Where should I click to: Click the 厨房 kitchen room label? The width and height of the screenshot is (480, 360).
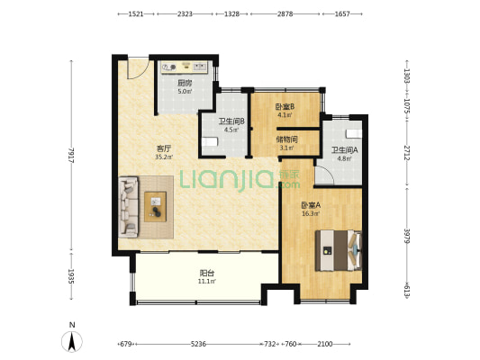(185, 83)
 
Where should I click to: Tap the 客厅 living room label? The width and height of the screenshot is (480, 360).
(164, 149)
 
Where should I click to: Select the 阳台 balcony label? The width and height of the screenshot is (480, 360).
(206, 273)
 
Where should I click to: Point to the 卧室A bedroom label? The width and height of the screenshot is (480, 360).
(311, 205)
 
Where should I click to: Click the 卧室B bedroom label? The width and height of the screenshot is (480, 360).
(285, 107)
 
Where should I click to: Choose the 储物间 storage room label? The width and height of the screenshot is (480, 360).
(286, 139)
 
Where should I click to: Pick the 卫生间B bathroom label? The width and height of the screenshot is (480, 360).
(231, 121)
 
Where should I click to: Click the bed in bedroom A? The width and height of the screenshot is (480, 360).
(339, 250)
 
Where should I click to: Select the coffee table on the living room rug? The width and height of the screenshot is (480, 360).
(156, 207)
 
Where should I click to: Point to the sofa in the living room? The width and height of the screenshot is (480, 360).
(129, 207)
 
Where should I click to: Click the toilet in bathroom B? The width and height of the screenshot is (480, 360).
(210, 141)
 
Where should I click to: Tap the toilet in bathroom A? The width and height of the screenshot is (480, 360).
(354, 134)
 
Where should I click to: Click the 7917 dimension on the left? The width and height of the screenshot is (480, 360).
(71, 155)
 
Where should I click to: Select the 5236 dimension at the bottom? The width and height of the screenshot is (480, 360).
(198, 344)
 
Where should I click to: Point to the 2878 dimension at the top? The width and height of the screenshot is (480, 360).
(285, 14)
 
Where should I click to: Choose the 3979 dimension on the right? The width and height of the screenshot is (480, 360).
(407, 236)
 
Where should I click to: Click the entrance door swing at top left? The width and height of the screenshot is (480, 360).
(139, 68)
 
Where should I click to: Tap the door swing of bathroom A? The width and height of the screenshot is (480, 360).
(324, 175)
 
